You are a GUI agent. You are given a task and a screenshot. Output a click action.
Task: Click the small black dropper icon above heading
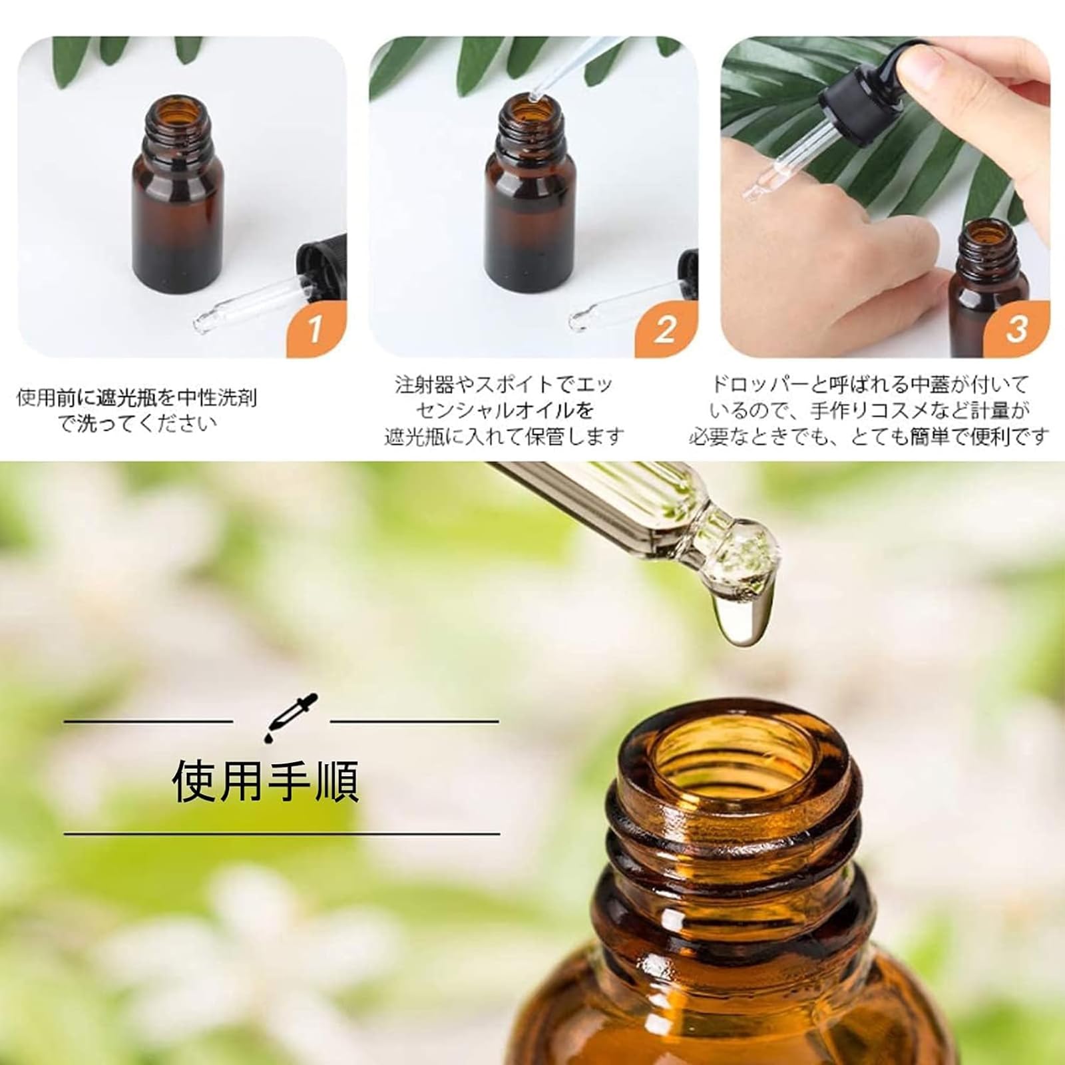(282, 719)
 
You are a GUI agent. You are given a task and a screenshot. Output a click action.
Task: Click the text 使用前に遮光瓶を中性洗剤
(136, 397)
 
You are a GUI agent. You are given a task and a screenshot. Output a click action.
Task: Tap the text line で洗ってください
(138, 423)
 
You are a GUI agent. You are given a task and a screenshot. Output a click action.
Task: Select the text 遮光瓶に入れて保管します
(504, 437)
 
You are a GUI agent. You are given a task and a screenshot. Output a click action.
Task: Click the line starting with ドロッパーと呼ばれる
(869, 384)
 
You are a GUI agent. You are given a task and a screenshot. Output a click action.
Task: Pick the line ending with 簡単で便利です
(869, 437)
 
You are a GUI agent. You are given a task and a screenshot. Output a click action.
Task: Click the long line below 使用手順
(282, 833)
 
